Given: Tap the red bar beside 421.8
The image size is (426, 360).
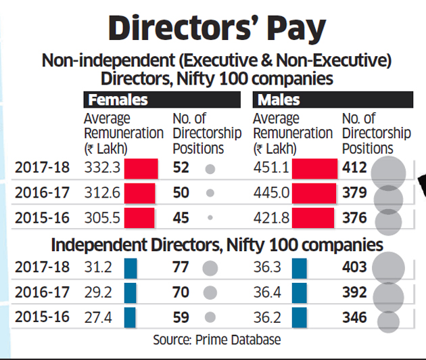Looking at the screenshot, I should click(x=312, y=218).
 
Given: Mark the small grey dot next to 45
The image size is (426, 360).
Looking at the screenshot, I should click(x=210, y=218).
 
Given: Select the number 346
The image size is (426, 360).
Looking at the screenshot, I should click(x=354, y=317).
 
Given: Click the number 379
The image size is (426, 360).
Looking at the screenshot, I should click(x=354, y=194).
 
